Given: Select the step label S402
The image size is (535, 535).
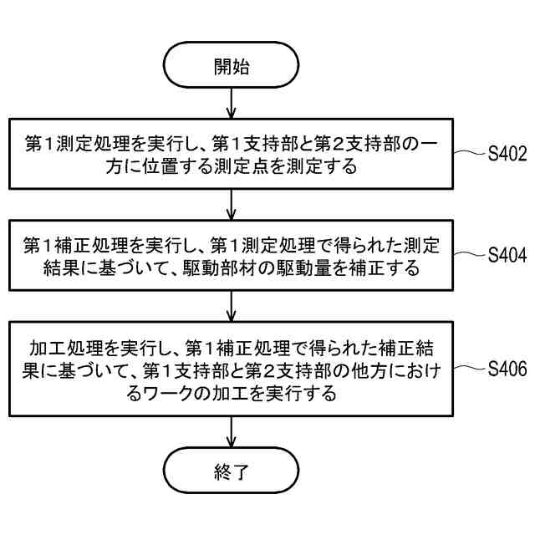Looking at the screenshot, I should pyautogui.click(x=507, y=154).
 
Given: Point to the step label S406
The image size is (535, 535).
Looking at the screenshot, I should pyautogui.click(x=507, y=367).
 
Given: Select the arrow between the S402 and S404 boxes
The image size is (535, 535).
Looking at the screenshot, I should pyautogui.click(x=232, y=205).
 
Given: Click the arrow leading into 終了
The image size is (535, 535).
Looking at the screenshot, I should pyautogui.click(x=232, y=433).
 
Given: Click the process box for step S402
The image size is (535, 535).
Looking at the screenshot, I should pyautogui.click(x=232, y=155).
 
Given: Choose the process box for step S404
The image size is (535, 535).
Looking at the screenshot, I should pyautogui.click(x=232, y=256).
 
